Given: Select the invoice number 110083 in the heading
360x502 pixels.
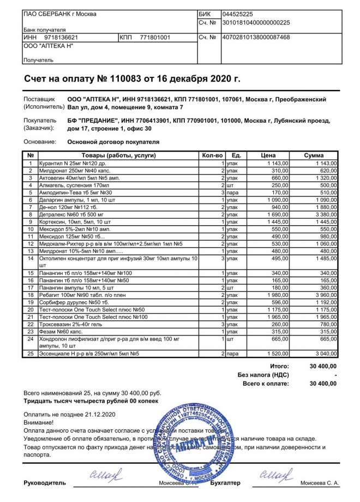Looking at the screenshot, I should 125,79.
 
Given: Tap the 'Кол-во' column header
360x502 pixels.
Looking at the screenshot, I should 212,156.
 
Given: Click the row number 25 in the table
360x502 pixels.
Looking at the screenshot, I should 31,354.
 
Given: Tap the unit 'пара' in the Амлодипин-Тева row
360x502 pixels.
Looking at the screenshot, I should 234,193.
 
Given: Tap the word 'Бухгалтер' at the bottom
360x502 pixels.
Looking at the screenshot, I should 224,483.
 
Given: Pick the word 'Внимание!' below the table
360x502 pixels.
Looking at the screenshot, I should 39,423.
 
